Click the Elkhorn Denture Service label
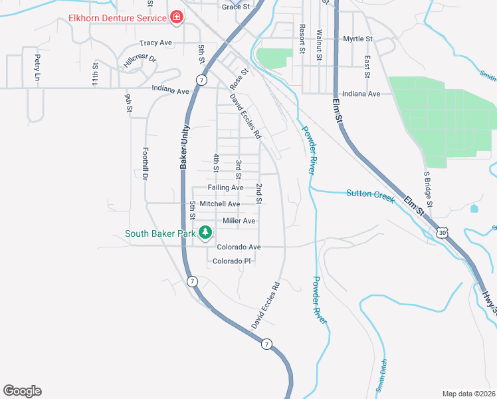click(117, 17)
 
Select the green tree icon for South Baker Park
click(206, 233)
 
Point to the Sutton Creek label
click(370, 194)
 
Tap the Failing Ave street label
click(225, 188)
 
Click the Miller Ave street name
click(239, 221)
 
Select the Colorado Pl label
click(231, 261)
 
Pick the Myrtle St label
click(357, 39)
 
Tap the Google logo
click(22, 391)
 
